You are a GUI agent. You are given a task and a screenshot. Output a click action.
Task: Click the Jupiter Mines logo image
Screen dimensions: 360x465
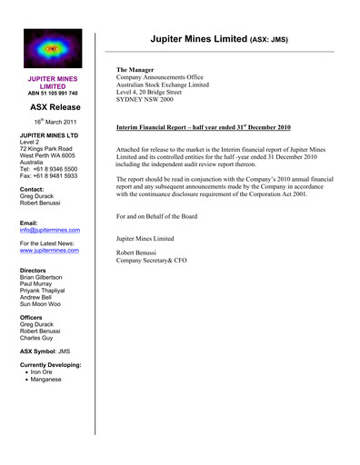pyautogui.click(x=52, y=50)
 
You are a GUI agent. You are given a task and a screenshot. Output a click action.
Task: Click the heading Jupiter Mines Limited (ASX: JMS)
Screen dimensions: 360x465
pyautogui.click(x=219, y=40)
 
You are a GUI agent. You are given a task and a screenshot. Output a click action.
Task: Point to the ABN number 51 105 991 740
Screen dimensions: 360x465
pyautogui.click(x=52, y=93)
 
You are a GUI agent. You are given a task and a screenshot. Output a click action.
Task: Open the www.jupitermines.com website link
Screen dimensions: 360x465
pyautogui.click(x=50, y=250)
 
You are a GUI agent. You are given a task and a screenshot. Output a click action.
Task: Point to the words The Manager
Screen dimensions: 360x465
pyautogui.click(x=135, y=70)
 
